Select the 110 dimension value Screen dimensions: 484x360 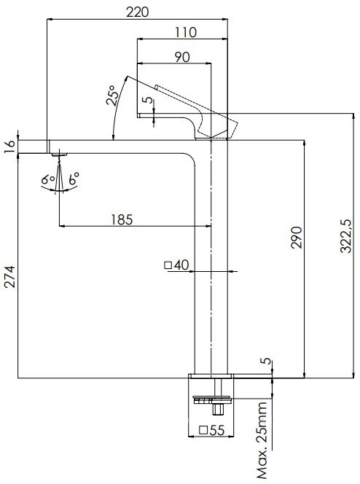(x=186, y=33)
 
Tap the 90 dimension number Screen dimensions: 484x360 (x=182, y=58)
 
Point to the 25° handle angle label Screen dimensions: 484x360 (x=114, y=97)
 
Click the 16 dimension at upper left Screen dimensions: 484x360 (x=9, y=146)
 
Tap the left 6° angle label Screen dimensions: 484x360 (x=46, y=179)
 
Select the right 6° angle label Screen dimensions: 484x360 (x=74, y=179)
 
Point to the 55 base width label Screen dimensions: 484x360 (x=215, y=430)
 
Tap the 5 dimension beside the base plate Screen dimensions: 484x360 (x=266, y=362)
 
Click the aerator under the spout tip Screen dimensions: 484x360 (x=59, y=154)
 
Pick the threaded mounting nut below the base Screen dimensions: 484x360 (x=212, y=399)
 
